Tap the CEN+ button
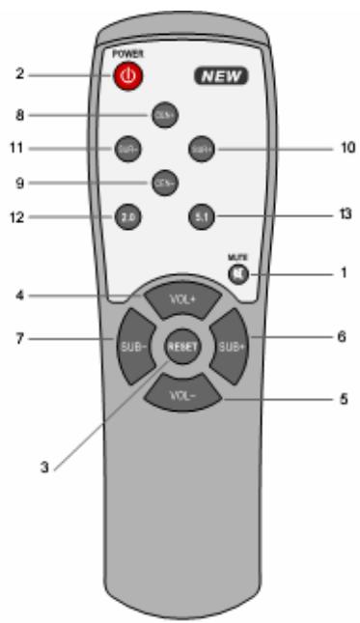(161, 116)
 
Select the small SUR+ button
(201, 150)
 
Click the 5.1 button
(200, 216)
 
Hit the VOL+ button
(181, 298)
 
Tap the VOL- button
(181, 393)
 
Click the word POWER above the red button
(126, 54)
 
